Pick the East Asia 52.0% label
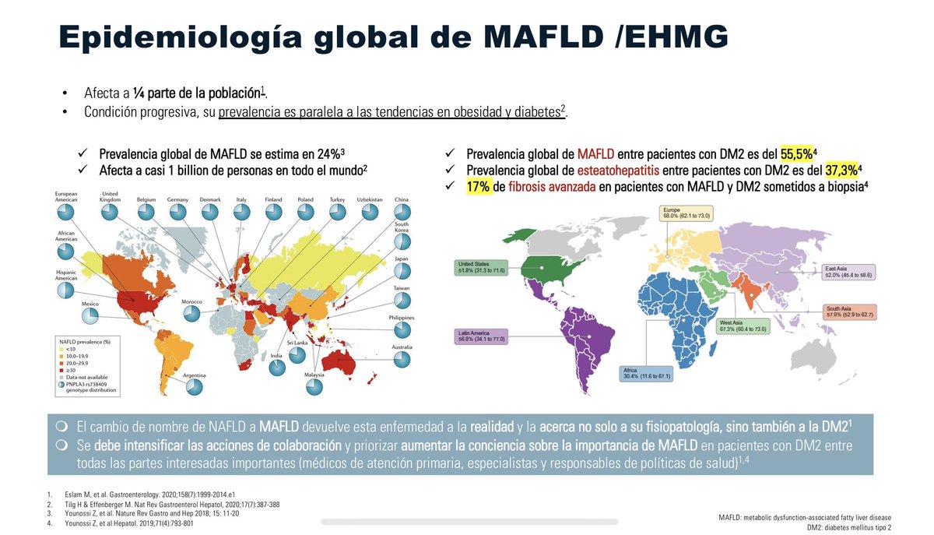coord(851,272)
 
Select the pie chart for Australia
coord(402,360)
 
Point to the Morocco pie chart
coord(191,314)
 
